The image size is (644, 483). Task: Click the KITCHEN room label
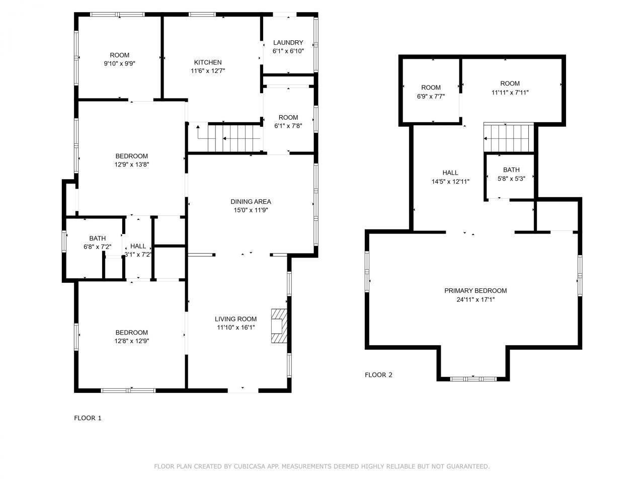(x=208, y=62)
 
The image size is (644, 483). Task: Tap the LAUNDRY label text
(x=288, y=43)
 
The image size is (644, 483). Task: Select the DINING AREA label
(x=251, y=202)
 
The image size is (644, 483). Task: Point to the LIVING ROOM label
(x=235, y=319)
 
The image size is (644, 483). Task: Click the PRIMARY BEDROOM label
(x=475, y=291)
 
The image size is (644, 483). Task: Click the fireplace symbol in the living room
(x=279, y=326)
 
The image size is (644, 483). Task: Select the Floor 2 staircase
(x=509, y=137)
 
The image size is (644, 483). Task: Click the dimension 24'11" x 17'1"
(x=475, y=299)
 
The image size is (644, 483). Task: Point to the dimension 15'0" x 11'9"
(x=251, y=210)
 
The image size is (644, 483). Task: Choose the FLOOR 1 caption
(x=88, y=418)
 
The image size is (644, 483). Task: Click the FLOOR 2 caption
(x=378, y=375)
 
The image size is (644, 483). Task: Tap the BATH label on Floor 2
(x=511, y=170)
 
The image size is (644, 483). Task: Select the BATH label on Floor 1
(x=98, y=238)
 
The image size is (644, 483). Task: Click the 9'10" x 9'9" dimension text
(x=119, y=63)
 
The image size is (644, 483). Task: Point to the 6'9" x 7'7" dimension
(x=431, y=97)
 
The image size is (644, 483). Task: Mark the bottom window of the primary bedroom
(x=473, y=379)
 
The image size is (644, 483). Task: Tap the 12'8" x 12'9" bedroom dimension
(x=132, y=341)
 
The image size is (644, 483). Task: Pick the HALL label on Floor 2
(x=450, y=173)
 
